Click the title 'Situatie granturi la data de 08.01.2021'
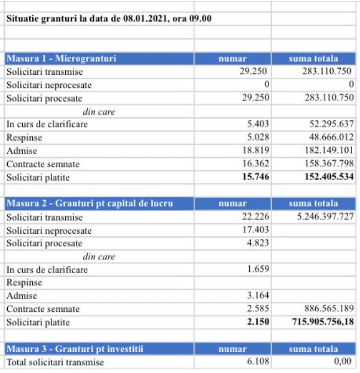coord(108,19)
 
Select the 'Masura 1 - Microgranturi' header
coord(61,58)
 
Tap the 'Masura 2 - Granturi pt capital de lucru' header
coord(90,203)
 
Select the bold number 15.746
coord(254,177)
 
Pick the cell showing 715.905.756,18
coord(319,322)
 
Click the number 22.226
coord(255,217)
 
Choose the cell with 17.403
coord(255,230)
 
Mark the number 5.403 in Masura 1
coord(258,124)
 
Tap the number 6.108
coord(258,362)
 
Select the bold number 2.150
coord(257,322)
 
